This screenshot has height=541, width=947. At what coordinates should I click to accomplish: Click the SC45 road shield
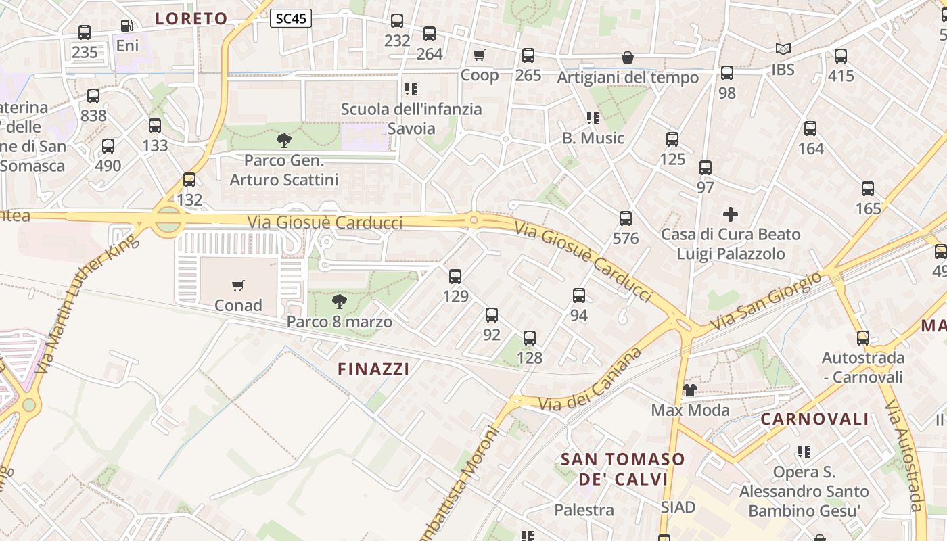291,18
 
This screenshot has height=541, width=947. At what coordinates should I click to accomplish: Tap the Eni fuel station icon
126,26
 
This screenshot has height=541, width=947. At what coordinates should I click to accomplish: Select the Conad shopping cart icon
237,285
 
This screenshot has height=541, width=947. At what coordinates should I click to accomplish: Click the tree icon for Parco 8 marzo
340,301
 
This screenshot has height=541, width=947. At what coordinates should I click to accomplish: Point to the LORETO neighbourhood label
191,18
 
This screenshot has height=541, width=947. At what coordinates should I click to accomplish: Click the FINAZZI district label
373,369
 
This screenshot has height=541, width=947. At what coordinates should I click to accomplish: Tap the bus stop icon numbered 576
626,218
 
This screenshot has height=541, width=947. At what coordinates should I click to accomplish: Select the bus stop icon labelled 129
455,276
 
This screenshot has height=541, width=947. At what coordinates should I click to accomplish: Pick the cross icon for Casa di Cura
731,215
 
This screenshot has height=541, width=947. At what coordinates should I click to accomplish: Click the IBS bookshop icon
783,49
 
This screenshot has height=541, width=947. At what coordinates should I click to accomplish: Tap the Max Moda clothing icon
689,390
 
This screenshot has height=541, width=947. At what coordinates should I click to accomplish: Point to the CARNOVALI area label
814,419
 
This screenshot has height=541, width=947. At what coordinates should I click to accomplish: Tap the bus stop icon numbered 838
93,96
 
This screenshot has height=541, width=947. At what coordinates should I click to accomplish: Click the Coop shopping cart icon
480,55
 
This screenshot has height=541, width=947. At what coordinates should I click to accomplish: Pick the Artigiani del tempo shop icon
628,57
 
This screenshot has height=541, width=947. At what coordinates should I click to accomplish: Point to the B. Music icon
593,118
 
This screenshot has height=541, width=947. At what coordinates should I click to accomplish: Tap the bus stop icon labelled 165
868,189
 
